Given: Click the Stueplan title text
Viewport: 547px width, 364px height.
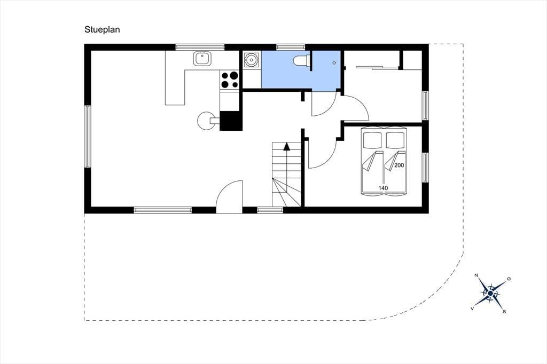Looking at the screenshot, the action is tap(102, 30).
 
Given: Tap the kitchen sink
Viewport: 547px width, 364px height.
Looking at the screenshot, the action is tap(202, 58).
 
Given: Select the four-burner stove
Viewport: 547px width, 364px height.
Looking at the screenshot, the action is tap(230, 80).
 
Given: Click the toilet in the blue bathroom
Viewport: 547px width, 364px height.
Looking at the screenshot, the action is tap(301, 60).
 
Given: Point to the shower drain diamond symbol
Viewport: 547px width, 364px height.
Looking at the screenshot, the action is tap(334, 63).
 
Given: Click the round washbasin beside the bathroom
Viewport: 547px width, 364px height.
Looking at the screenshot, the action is tap(251, 60).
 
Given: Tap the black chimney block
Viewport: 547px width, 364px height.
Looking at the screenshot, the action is tap(230, 121).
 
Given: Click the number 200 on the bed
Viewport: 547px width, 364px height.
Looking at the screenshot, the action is tap(399, 165).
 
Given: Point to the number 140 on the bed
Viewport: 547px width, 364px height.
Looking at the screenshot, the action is tap(383, 188).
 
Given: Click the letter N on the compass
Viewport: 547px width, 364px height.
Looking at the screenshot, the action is tap(476, 275).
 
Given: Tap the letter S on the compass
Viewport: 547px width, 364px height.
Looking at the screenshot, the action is tap(504, 312).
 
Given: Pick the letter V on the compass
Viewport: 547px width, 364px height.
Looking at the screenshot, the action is tap(472, 308).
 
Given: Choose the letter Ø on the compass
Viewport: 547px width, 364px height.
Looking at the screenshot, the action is tap(509, 279).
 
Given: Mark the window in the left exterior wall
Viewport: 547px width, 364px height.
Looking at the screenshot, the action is tap(87, 136).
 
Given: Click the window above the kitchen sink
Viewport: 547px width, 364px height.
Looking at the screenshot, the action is tap(200, 47).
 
